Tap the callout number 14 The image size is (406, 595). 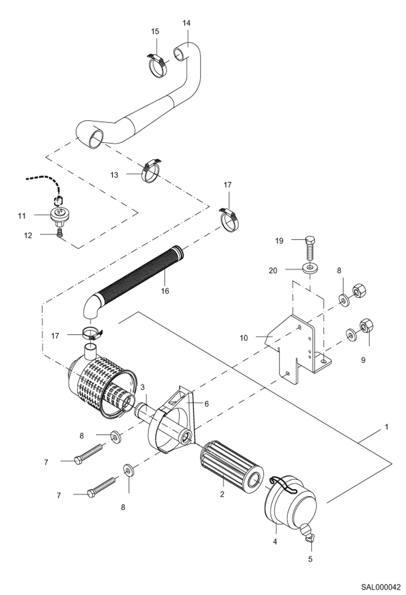[x=186, y=23]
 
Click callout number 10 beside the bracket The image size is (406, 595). [x=244, y=338]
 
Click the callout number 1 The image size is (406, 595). [x=386, y=427]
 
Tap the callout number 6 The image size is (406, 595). [x=207, y=404]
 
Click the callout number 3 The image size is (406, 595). [x=143, y=387]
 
